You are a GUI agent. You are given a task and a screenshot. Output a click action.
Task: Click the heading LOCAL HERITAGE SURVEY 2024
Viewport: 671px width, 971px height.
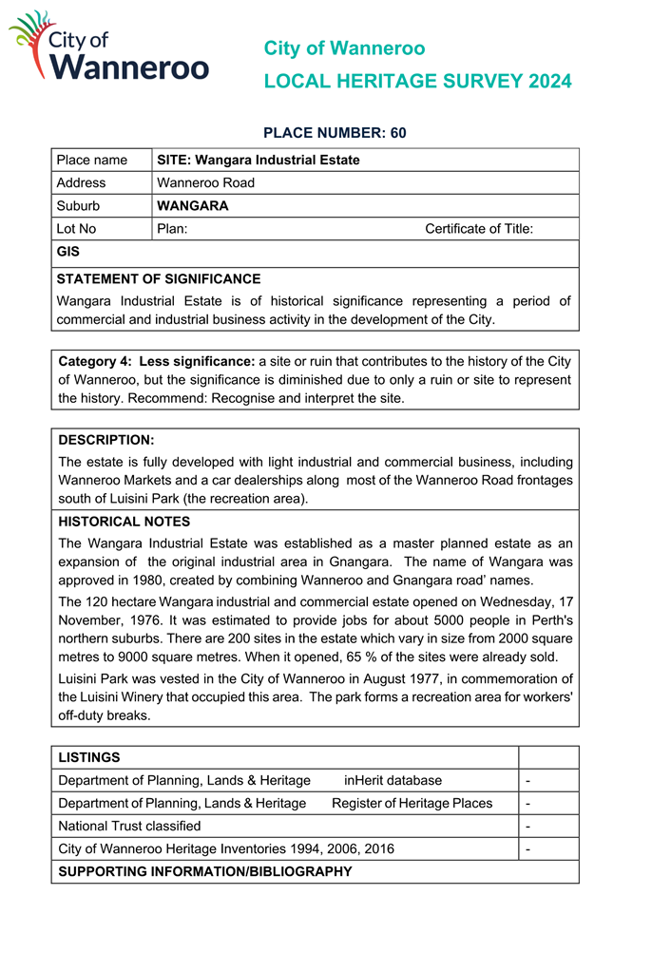pyautogui.click(x=417, y=82)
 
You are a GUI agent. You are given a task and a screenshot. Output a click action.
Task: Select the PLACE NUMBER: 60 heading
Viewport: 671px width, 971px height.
pyautogui.click(x=335, y=133)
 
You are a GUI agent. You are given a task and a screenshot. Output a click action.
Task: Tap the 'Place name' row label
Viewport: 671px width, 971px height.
pyautogui.click(x=91, y=160)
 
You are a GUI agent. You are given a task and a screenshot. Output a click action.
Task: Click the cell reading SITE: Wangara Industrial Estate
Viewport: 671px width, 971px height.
pyautogui.click(x=258, y=160)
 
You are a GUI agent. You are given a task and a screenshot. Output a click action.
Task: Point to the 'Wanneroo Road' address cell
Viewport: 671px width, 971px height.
pyautogui.click(x=205, y=182)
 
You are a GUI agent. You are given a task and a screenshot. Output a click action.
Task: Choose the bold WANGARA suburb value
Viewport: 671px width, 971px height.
pyautogui.click(x=192, y=205)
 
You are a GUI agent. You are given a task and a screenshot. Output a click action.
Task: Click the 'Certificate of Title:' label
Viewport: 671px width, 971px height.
pyautogui.click(x=478, y=228)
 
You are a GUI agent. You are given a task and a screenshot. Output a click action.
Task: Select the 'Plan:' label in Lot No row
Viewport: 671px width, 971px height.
pyautogui.click(x=172, y=228)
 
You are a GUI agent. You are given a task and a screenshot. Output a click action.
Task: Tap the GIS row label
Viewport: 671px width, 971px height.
pyautogui.click(x=68, y=252)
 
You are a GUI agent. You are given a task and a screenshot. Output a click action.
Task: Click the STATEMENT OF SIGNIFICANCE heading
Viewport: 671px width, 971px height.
pyautogui.click(x=158, y=279)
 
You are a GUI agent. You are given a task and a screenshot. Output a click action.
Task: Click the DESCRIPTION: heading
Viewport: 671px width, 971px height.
pyautogui.click(x=105, y=440)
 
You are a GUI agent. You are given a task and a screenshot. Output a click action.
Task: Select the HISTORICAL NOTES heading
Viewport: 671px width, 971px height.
pyautogui.click(x=124, y=522)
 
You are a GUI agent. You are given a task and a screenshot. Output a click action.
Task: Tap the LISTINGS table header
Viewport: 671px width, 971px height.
pyautogui.click(x=89, y=757)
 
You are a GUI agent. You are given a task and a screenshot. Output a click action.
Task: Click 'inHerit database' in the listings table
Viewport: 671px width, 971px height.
pyautogui.click(x=393, y=780)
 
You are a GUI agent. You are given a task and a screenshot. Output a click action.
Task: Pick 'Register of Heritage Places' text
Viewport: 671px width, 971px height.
pyautogui.click(x=412, y=803)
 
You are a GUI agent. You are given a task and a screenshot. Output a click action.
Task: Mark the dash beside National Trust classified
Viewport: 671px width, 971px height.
pyautogui.click(x=527, y=826)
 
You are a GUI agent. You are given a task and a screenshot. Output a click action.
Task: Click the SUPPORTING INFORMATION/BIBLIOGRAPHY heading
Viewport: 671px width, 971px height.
pyautogui.click(x=205, y=871)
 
